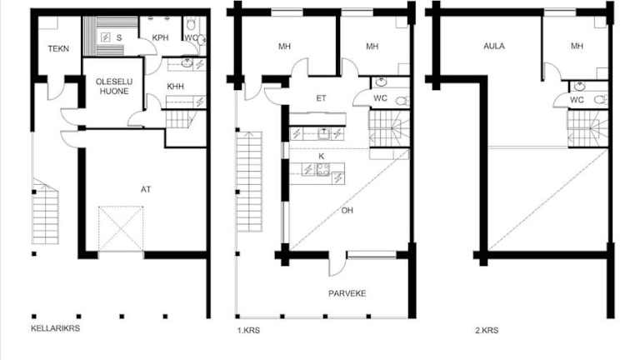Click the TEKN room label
point(58,48)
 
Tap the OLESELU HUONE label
point(114,86)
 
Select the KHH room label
point(176,86)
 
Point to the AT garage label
point(146,189)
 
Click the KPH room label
point(160,37)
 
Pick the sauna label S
point(119,37)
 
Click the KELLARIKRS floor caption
point(55,328)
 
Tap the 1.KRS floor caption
point(248,330)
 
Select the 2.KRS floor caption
point(487,330)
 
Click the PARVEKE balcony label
point(347,293)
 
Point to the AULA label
point(494,46)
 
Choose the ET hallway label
point(321,98)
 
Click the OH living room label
point(347,210)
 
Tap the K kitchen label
point(321,156)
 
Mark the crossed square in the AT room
point(121,228)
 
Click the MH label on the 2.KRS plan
point(577,46)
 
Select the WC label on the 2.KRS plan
point(577,100)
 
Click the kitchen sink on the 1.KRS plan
point(324,133)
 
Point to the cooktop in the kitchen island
point(322,169)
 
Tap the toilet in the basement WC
point(191,24)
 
